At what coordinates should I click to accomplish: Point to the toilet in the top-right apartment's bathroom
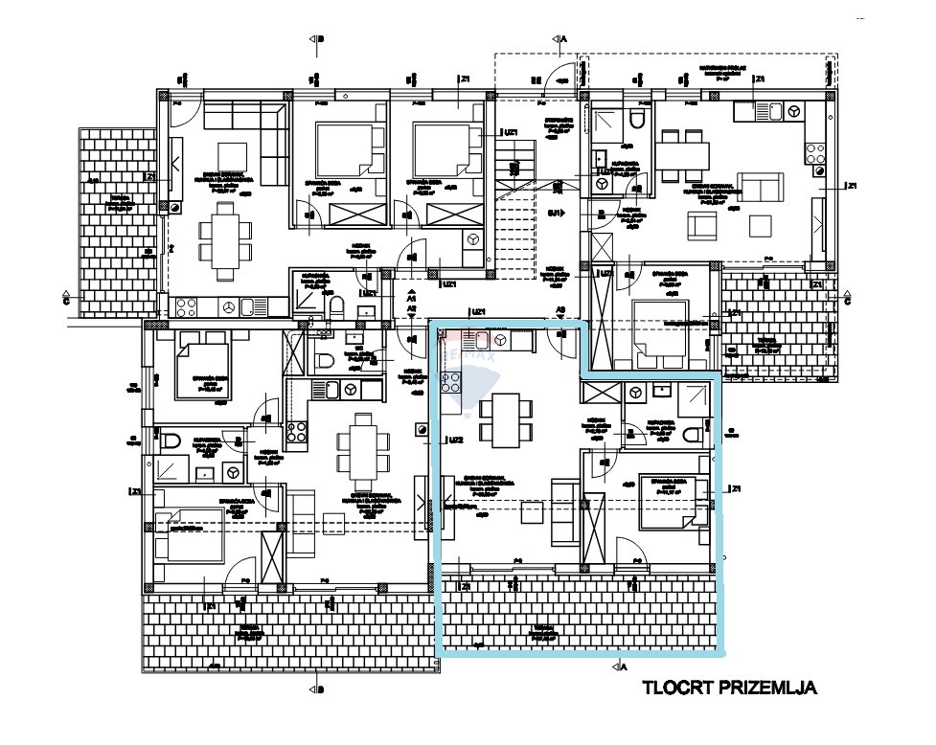[636, 123]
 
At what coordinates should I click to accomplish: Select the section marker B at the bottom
[317, 689]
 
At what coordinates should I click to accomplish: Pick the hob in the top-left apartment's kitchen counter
[186, 307]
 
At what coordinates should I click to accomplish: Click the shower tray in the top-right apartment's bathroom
[606, 124]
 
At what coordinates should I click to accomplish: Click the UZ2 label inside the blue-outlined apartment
[456, 440]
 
